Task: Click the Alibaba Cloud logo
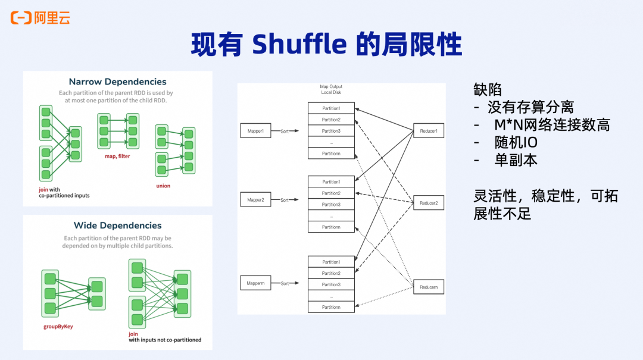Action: click(x=40, y=18)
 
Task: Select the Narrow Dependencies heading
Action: click(x=117, y=82)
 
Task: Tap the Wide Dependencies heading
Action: click(x=117, y=226)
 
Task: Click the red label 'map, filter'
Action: click(x=117, y=156)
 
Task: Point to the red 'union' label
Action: click(x=163, y=186)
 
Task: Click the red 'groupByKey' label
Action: click(x=58, y=327)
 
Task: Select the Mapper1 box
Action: click(x=255, y=130)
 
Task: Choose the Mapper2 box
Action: click(x=255, y=200)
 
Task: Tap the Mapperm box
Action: click(x=255, y=283)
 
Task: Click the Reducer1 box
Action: click(x=429, y=130)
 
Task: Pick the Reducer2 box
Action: click(x=429, y=203)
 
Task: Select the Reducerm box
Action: click(x=429, y=287)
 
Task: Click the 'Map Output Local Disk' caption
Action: click(x=331, y=90)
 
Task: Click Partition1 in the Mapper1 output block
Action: click(x=331, y=108)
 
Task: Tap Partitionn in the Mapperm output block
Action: click(x=331, y=307)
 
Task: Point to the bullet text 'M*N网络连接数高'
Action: click(x=551, y=125)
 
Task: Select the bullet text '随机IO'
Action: click(x=516, y=142)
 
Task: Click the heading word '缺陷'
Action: click(x=488, y=90)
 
